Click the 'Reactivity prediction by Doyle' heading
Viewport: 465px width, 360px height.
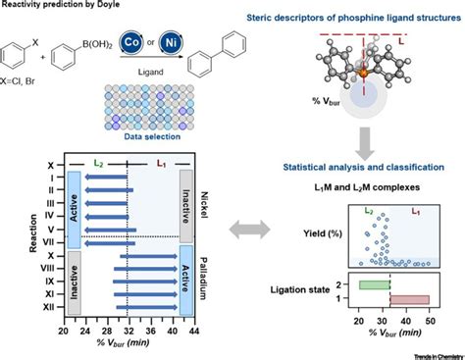click(x=60, y=8)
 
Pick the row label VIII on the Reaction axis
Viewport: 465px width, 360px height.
click(x=48, y=265)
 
